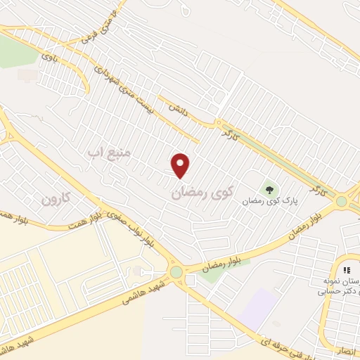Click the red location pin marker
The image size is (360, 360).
[x=181, y=165]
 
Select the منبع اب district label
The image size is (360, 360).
[x=105, y=150]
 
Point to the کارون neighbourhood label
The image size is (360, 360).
[x=56, y=198]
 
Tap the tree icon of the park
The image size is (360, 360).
[x=269, y=188]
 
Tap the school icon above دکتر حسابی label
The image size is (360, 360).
[x=346, y=270]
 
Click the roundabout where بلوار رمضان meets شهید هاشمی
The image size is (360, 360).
[x=176, y=272]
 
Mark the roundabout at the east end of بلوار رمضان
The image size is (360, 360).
[x=342, y=202]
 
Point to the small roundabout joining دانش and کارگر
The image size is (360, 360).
[x=218, y=123]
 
